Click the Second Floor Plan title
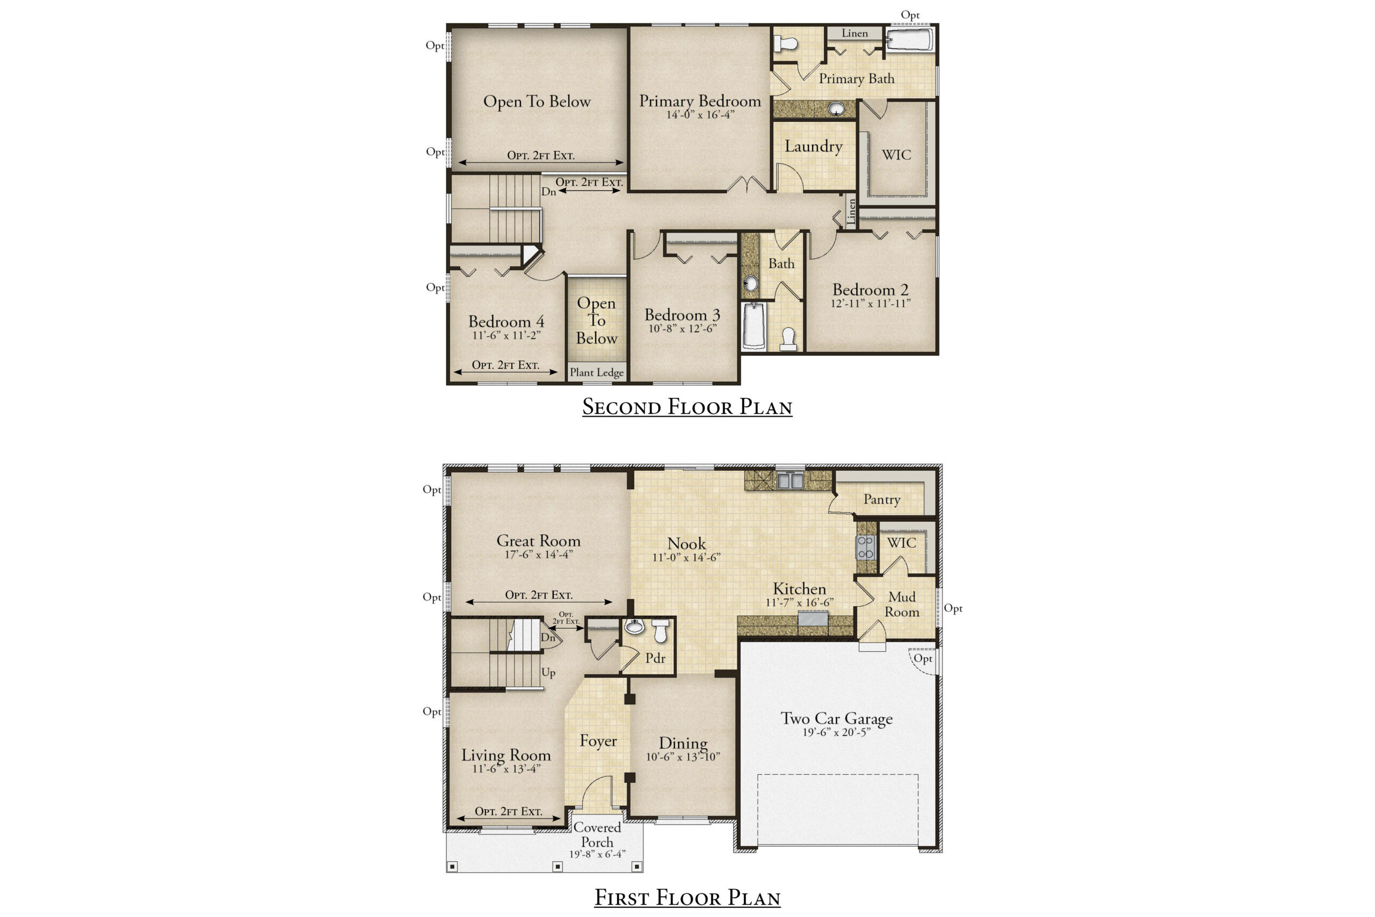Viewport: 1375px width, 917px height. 687,406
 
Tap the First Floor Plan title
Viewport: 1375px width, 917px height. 687,897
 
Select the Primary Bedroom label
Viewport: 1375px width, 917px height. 700,101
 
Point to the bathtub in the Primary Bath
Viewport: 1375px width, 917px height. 909,40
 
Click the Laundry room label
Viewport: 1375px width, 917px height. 813,146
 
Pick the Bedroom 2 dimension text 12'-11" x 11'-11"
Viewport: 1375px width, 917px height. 871,303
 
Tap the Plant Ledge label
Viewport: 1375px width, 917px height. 597,373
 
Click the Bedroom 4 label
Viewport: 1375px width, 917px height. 506,322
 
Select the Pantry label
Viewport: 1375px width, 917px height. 882,499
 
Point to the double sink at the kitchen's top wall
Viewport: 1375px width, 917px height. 790,481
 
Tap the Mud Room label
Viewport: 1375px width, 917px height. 902,605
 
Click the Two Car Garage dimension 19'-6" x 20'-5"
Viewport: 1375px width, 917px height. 837,732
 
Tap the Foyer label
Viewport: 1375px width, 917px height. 598,741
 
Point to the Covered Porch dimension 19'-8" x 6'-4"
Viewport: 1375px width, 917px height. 597,854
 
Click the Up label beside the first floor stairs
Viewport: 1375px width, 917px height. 548,673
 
